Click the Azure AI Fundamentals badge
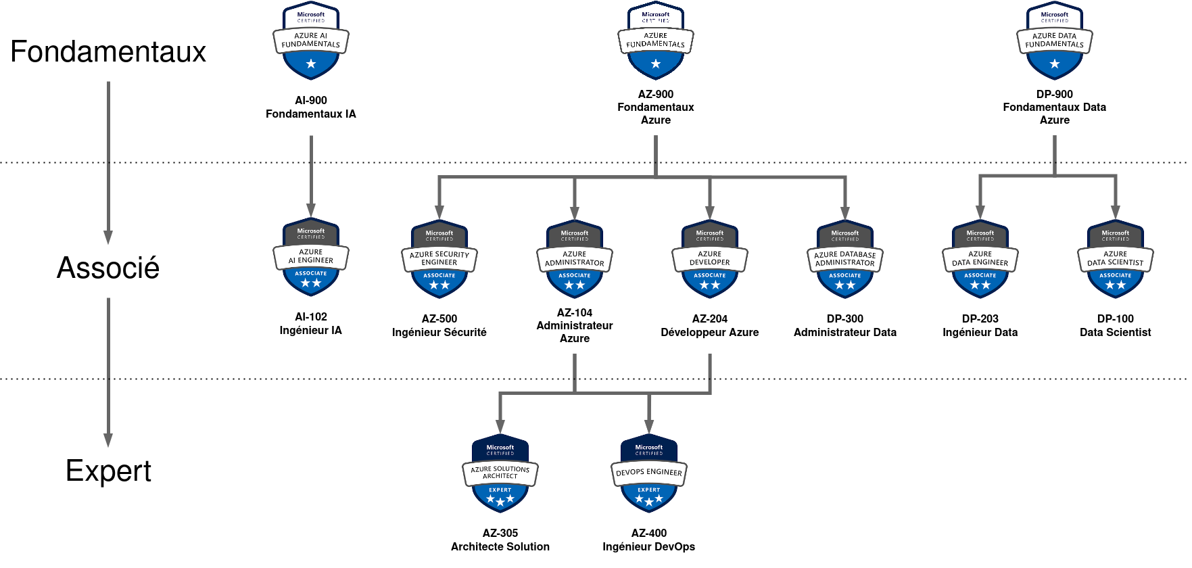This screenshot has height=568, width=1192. [311, 41]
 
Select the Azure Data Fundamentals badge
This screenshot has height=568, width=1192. [1054, 41]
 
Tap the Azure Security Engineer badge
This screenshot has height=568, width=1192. [439, 260]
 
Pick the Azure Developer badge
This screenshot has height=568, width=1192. [710, 260]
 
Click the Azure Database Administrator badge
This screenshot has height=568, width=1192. [845, 260]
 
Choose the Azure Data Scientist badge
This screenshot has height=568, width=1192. [1115, 260]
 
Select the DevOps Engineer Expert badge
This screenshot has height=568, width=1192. [649, 474]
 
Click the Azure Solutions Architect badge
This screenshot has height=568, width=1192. [500, 474]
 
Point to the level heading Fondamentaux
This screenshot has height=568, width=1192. [108, 52]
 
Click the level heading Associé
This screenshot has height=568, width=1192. [108, 268]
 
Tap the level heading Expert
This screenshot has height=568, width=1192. [108, 471]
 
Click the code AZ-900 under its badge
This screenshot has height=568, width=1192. [656, 95]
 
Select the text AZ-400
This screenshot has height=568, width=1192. [649, 534]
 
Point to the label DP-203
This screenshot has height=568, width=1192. [980, 319]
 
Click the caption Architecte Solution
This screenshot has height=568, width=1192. [500, 547]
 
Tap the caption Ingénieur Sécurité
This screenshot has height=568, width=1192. [439, 333]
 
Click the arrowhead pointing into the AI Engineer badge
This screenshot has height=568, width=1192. [311, 210]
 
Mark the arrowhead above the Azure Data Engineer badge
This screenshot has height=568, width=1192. [980, 212]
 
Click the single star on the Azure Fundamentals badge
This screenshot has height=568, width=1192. [656, 64]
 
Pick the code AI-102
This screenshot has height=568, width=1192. [311, 317]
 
